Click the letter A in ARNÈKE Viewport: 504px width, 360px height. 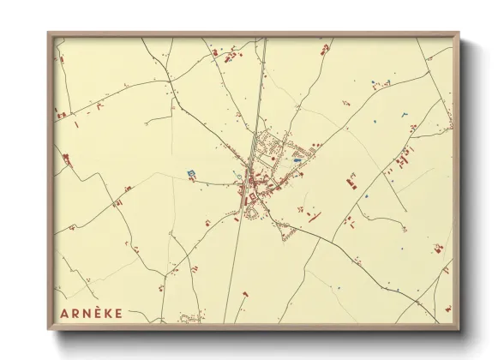coord(65,312)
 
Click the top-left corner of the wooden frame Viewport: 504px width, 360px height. coord(48,33)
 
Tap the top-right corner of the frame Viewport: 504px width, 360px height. coord(459,33)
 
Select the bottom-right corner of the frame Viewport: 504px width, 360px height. coord(459,330)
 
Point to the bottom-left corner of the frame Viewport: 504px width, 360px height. coord(48,330)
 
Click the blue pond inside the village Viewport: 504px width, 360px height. coord(297,159)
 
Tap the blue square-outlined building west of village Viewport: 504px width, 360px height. coord(190,173)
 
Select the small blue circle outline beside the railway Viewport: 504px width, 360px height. coord(237,176)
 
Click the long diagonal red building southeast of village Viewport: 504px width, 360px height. coord(314,217)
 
